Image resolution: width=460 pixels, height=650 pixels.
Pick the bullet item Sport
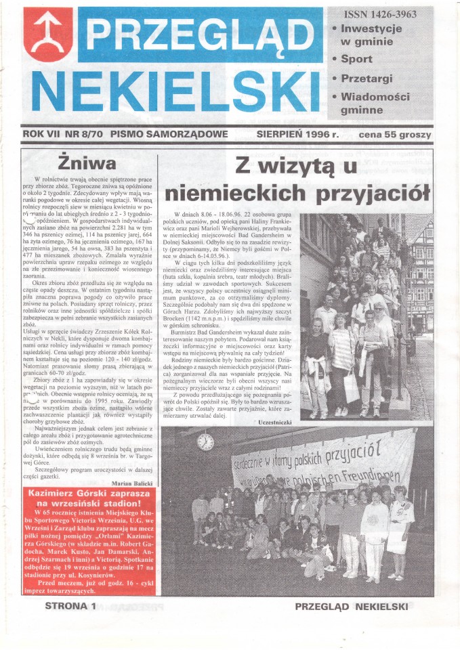click(x=356, y=59)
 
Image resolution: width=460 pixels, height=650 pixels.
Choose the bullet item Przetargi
click(x=367, y=79)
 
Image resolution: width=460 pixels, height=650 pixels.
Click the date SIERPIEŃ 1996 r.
click(x=297, y=134)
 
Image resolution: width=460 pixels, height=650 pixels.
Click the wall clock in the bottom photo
click(x=205, y=441)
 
